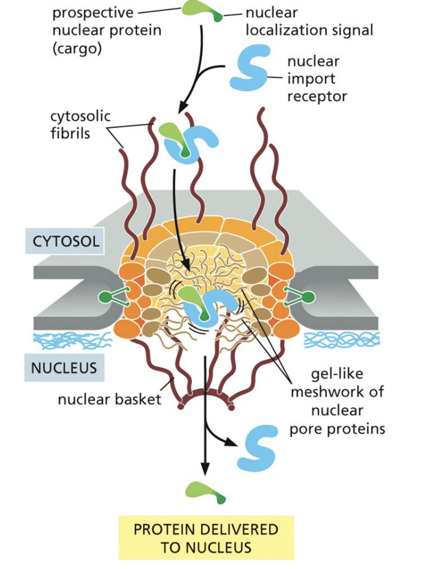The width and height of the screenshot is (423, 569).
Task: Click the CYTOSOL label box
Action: click(66, 243)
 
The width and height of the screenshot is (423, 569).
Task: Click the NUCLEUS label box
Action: click(64, 366)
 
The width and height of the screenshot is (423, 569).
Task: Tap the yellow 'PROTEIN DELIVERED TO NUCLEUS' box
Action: click(206, 538)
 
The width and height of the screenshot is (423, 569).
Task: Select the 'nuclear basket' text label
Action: click(109, 399)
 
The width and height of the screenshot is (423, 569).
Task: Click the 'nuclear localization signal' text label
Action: click(309, 21)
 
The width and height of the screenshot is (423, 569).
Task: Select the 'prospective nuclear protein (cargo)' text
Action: click(107, 30)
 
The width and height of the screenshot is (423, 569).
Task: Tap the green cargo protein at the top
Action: click(200, 9)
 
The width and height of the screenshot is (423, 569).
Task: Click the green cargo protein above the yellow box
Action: click(204, 491)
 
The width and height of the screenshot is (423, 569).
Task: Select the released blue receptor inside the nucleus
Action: click(257, 448)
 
